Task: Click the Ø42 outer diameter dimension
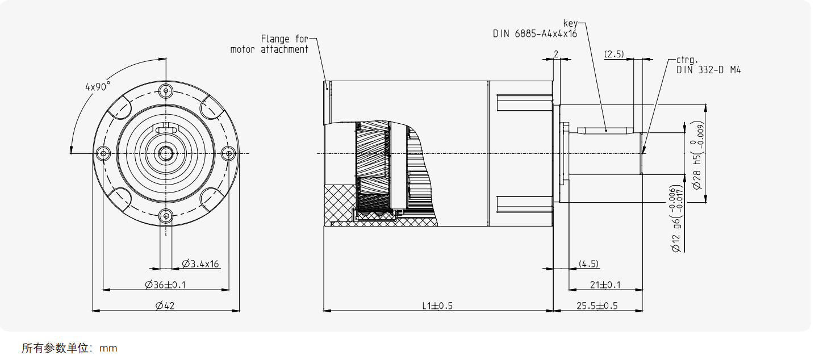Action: pyautogui.click(x=165, y=305)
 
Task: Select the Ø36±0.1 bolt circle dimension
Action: pyautogui.click(x=165, y=284)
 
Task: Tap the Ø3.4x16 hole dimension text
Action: pyautogui.click(x=200, y=263)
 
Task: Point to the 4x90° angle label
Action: pyautogui.click(x=97, y=87)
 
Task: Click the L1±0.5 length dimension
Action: pyautogui.click(x=437, y=305)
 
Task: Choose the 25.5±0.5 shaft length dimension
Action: pyautogui.click(x=597, y=305)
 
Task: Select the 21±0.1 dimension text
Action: pyautogui.click(x=605, y=284)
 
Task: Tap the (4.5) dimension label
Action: pyautogui.click(x=588, y=264)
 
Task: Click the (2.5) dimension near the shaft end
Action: pyautogui.click(x=614, y=55)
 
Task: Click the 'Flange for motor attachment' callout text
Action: pyautogui.click(x=269, y=44)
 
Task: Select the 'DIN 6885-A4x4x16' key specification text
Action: pyautogui.click(x=534, y=34)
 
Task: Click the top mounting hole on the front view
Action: pyautogui.click(x=165, y=90)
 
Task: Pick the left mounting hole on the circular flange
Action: pyautogui.click(x=103, y=153)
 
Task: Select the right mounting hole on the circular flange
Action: pyautogui.click(x=228, y=153)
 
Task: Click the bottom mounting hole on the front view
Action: pyautogui.click(x=165, y=215)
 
